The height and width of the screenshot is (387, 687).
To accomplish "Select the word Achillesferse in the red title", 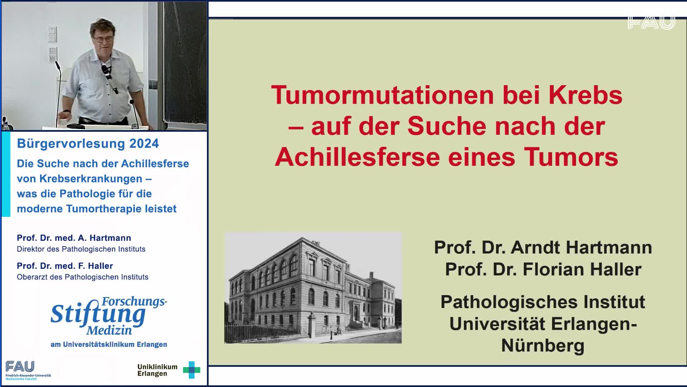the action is (x=358, y=157).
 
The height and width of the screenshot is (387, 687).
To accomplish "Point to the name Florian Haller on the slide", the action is (x=582, y=269).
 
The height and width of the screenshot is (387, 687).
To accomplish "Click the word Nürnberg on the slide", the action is (x=543, y=345).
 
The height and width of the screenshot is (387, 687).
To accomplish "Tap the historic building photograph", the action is (x=313, y=288).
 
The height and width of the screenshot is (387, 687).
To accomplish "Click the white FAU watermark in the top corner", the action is (x=651, y=22).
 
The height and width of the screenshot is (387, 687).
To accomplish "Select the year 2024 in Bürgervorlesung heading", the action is (x=144, y=144).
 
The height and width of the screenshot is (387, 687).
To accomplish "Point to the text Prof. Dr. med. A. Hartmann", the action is (x=74, y=238).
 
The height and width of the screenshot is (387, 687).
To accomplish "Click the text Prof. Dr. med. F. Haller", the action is (x=65, y=266).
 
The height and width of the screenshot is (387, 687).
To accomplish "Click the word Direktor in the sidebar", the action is (x=30, y=249).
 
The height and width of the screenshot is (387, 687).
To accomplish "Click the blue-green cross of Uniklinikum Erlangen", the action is (x=191, y=370).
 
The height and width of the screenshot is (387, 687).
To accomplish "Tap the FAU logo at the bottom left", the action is (x=20, y=367).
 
